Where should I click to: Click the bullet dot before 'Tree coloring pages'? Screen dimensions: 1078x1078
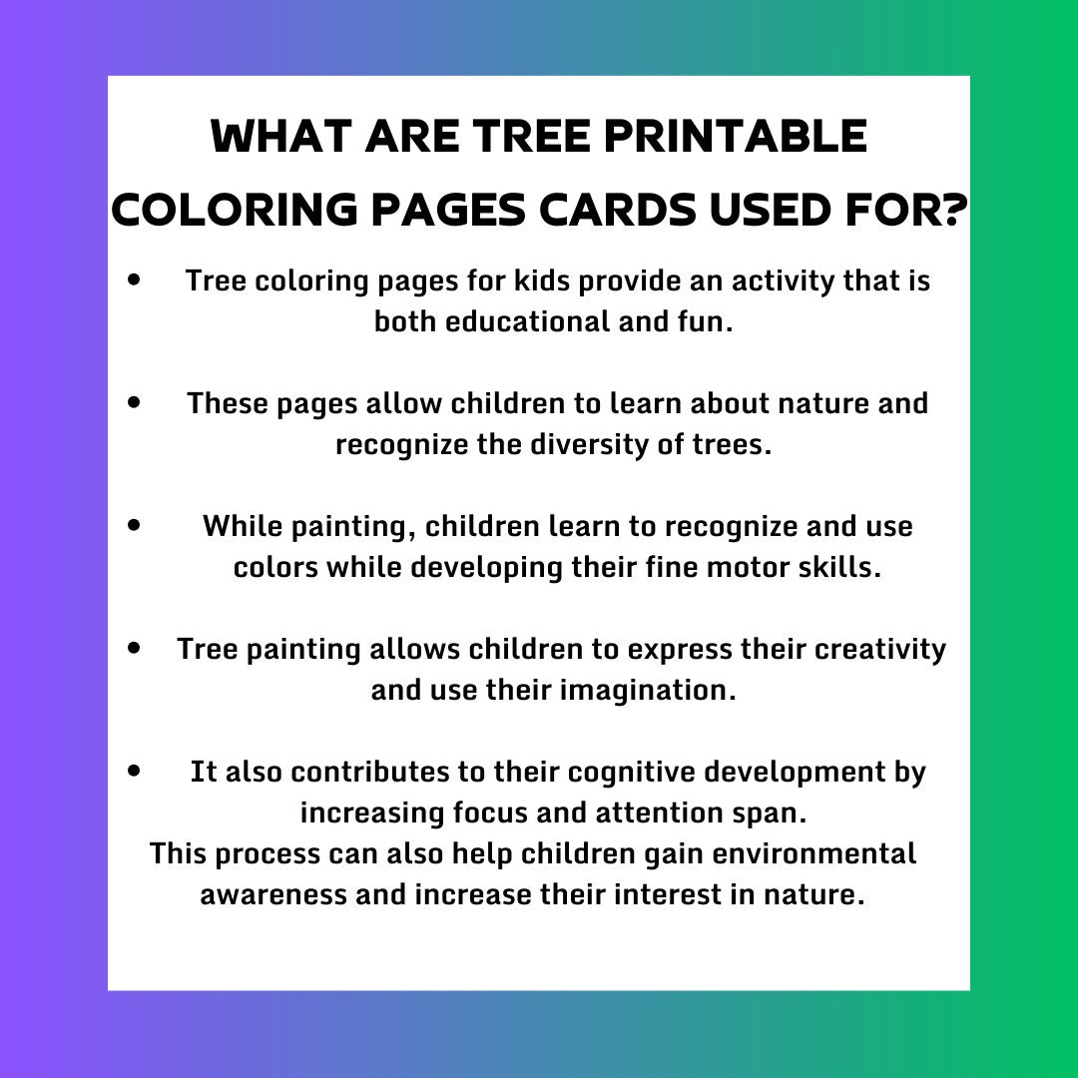coord(134,279)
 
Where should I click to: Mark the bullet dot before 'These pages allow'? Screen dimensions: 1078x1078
coord(134,402)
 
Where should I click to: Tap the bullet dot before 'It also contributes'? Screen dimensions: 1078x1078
coord(134,771)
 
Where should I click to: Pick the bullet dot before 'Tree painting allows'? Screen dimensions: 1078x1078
coord(134,648)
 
